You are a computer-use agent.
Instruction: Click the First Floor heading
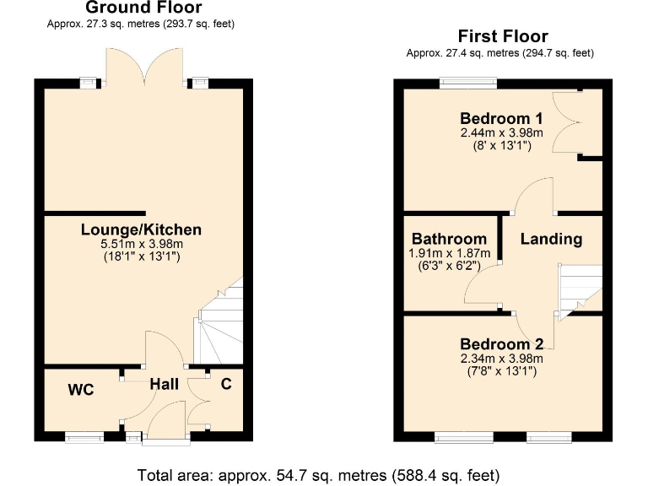(503, 36)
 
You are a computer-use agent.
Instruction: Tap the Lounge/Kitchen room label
(141, 229)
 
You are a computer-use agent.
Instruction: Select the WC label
(81, 390)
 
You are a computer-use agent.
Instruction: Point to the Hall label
(164, 385)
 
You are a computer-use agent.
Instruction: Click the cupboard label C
(226, 385)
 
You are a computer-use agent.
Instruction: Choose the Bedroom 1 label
(501, 118)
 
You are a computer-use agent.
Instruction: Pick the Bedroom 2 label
(501, 344)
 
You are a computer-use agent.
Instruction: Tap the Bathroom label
(449, 239)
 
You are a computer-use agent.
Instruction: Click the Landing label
(551, 239)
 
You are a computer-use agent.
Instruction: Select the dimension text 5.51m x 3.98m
(141, 244)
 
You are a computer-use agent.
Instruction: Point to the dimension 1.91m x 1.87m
(449, 252)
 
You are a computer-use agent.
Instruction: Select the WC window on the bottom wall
(85, 437)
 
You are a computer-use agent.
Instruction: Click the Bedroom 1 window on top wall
(467, 83)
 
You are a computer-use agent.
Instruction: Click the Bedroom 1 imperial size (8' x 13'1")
(501, 145)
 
